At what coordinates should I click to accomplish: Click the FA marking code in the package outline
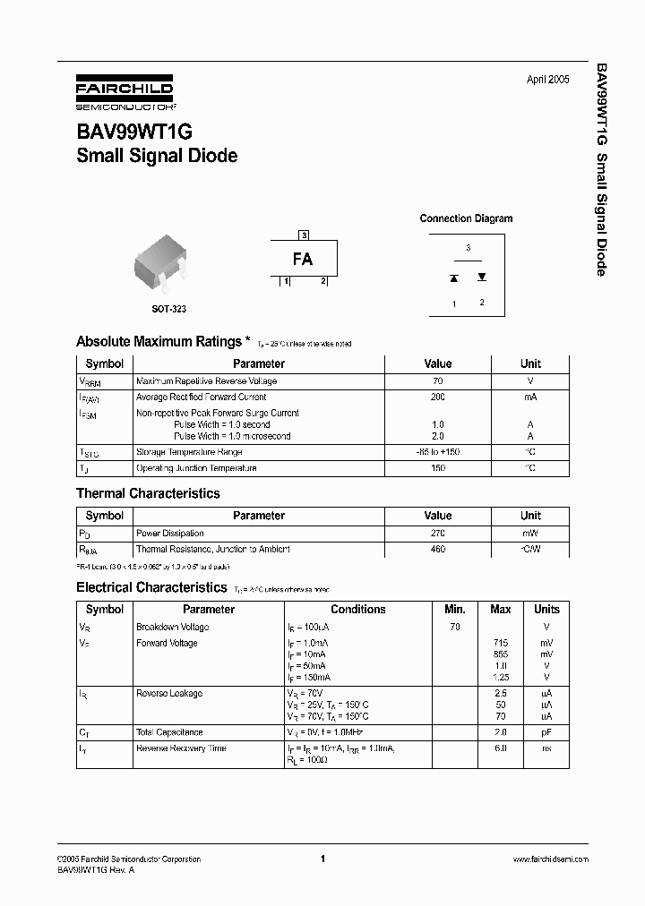(x=303, y=259)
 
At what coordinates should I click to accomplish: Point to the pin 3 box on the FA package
(x=305, y=235)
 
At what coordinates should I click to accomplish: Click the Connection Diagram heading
(x=466, y=218)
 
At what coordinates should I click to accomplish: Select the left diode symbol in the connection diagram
(x=454, y=278)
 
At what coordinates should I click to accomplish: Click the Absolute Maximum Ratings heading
(x=159, y=341)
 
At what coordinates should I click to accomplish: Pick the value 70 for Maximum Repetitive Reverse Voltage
(x=438, y=380)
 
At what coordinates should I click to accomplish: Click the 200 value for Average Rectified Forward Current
(x=438, y=397)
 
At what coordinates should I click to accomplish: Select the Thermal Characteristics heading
(x=148, y=493)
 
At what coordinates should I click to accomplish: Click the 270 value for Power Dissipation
(x=438, y=533)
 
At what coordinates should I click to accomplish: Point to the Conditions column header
(x=358, y=609)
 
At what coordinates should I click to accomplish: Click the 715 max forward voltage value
(x=501, y=643)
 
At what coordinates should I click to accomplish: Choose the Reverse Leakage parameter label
(x=169, y=693)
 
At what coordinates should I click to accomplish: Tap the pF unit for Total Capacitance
(x=546, y=732)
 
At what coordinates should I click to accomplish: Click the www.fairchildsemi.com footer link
(x=550, y=859)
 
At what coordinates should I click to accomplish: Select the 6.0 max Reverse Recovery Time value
(x=501, y=748)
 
